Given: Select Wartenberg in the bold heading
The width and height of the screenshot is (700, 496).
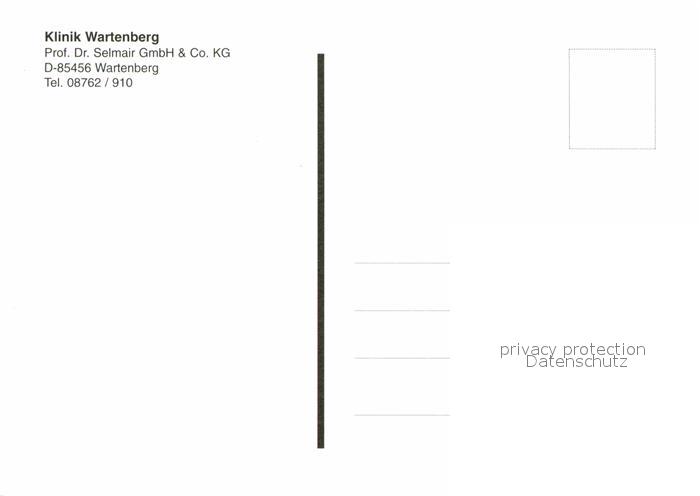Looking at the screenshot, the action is (122, 37).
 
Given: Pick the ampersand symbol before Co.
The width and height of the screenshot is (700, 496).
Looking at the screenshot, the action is (182, 53).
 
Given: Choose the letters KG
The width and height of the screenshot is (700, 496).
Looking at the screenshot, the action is (221, 53).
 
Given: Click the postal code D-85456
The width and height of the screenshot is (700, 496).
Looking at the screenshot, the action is (68, 68).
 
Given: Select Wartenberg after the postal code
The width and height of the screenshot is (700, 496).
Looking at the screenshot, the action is (127, 68).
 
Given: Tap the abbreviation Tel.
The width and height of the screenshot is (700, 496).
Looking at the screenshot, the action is (54, 83).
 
